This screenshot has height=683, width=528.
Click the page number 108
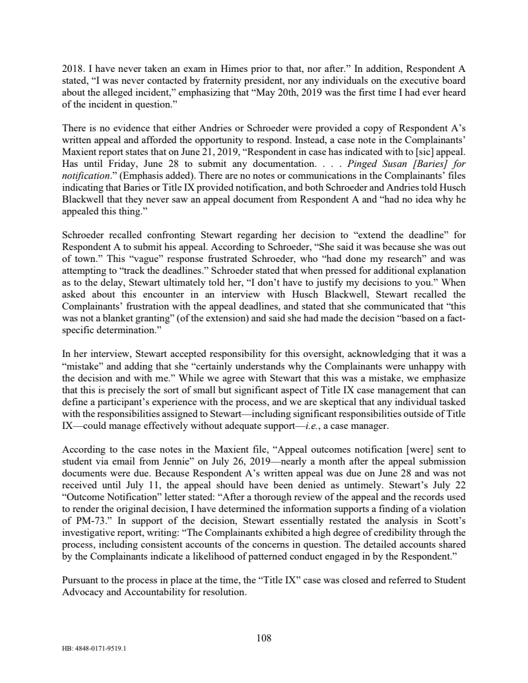[x=264, y=637]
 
